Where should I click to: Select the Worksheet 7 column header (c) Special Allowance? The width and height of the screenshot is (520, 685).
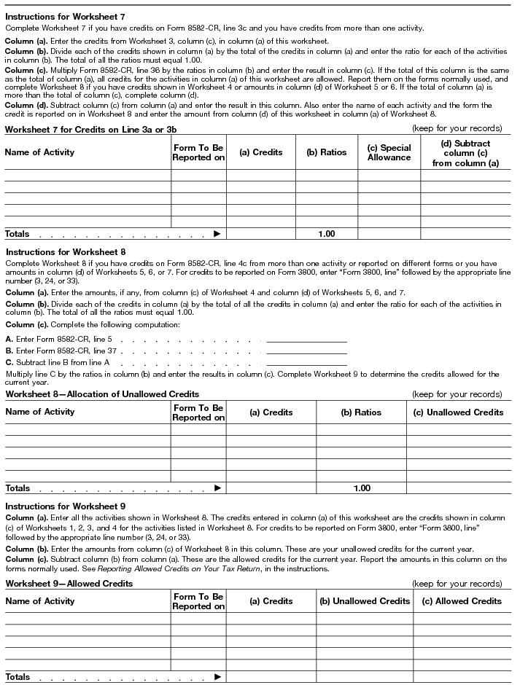(x=389, y=152)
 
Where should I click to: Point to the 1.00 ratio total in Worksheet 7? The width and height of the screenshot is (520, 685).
(x=326, y=234)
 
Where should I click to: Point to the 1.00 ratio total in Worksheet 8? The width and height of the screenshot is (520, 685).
(x=361, y=488)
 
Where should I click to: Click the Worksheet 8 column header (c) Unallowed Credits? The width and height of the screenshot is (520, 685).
(x=458, y=412)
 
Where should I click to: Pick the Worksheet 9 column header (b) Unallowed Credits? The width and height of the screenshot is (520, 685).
(x=365, y=601)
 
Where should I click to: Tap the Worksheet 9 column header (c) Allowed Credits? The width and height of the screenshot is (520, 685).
(x=458, y=601)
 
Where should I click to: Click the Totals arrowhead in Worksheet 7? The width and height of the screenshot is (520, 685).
(x=217, y=234)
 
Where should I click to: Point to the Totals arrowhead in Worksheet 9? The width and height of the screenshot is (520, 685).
(x=217, y=677)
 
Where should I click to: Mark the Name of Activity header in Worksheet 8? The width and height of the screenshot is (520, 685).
(x=40, y=412)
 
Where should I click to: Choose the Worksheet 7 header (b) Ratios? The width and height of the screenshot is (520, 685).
(x=326, y=152)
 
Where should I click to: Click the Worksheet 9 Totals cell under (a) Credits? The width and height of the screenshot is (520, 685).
(x=271, y=677)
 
